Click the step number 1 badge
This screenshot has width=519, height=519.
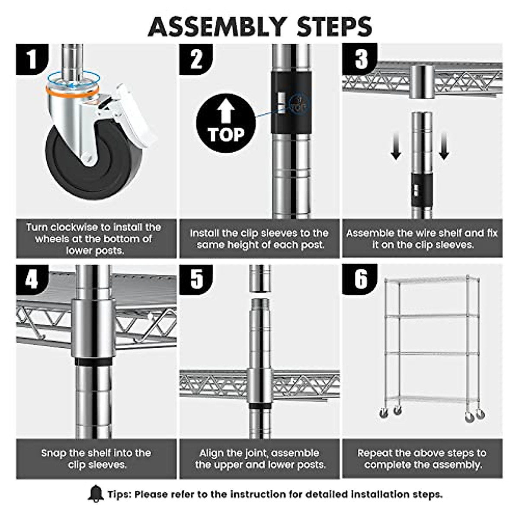tap(32, 59)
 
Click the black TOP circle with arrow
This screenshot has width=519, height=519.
tap(226, 123)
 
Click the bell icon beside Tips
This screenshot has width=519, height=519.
tap(96, 493)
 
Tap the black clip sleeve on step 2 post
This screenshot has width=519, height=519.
tap(291, 103)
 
